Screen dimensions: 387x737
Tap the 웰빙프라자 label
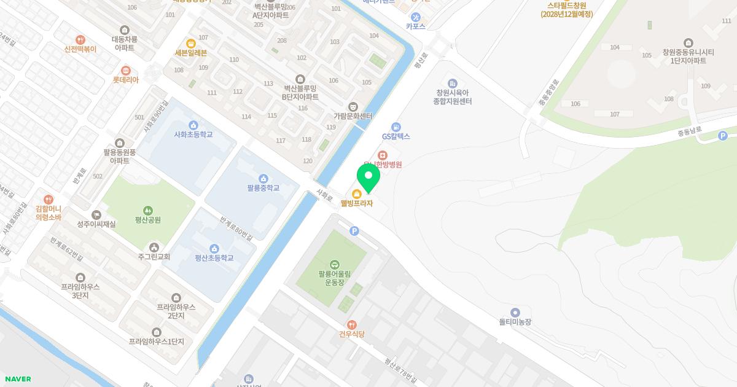coord(357,203)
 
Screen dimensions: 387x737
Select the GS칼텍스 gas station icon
coord(396,127)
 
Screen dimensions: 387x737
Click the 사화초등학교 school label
coord(193,134)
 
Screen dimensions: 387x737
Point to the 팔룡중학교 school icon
coord(263,178)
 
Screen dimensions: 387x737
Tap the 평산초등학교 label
coord(214,257)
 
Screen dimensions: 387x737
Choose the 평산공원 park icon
coord(148,211)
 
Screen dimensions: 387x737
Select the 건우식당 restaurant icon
coord(351,324)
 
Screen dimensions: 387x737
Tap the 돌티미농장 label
coord(515,321)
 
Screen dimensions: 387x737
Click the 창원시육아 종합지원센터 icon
coord(452,83)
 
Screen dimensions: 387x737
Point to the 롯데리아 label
coord(126,80)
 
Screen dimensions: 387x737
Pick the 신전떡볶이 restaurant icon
coord(80,40)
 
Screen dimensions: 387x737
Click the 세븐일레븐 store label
coord(191,53)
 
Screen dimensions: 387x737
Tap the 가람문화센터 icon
coord(353,107)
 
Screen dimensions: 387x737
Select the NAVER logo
coord(17,379)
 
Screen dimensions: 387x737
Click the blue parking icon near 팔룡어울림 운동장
coord(354,231)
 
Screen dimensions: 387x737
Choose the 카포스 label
coord(415,26)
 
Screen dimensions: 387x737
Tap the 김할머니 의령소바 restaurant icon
coord(49,199)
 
